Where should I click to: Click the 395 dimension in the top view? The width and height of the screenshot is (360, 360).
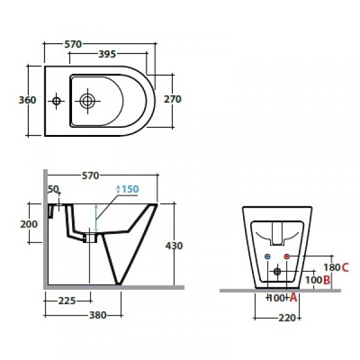(x=107, y=54)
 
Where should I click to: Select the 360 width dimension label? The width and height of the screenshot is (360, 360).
(x=28, y=100)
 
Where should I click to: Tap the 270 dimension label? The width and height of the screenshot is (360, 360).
(x=172, y=99)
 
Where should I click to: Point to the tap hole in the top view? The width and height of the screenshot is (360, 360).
(x=56, y=101)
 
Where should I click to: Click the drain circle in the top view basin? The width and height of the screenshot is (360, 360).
(x=87, y=101)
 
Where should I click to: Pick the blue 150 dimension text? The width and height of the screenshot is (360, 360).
(x=130, y=189)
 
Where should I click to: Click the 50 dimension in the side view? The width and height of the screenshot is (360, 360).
(x=53, y=189)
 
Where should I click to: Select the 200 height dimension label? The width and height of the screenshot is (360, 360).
(x=29, y=224)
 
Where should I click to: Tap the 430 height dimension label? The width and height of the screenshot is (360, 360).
(x=174, y=246)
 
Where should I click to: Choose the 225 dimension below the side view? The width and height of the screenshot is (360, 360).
(x=67, y=301)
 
